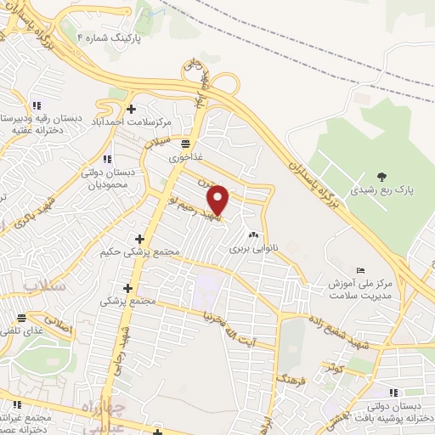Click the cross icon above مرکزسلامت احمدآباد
(131, 109)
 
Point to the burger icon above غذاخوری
(186, 144)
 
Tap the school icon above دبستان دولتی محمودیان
(106, 158)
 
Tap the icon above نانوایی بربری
(252, 235)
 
